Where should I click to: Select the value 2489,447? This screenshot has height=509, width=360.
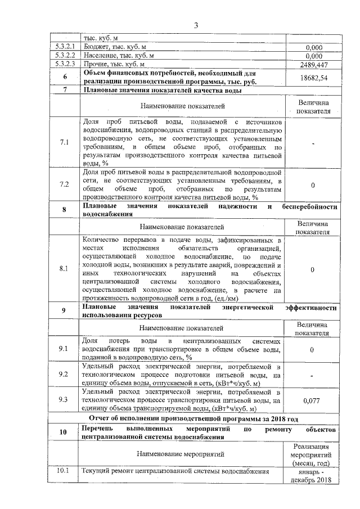click(313, 65)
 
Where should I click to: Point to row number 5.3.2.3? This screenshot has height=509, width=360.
click(65, 65)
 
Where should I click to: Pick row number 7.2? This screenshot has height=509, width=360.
click(65, 184)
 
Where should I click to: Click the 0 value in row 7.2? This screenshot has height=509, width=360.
click(313, 185)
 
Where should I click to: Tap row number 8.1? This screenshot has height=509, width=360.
click(65, 269)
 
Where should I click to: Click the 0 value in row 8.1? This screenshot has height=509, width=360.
click(313, 269)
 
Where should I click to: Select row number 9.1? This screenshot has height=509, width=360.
click(65, 349)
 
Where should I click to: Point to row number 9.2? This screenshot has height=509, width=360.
click(65, 374)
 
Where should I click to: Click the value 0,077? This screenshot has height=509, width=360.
click(313, 400)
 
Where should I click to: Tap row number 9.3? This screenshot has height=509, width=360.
click(65, 400)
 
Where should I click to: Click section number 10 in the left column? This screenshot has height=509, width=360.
click(65, 433)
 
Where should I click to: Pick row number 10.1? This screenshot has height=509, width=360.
click(65, 471)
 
